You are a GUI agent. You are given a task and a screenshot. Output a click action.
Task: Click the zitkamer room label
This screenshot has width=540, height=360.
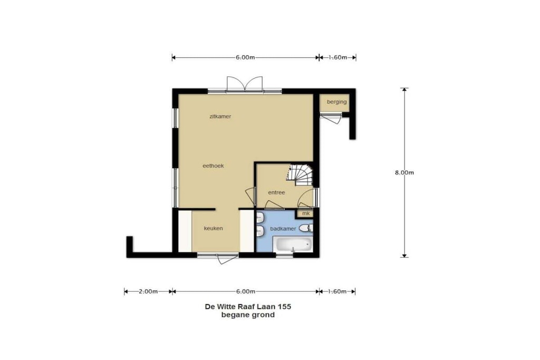220,116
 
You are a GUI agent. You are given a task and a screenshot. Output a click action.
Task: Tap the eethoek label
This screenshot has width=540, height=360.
213,166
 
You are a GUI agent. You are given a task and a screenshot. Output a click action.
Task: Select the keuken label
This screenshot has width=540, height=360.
213,228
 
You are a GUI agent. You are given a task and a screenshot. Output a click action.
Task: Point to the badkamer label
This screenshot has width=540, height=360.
283,229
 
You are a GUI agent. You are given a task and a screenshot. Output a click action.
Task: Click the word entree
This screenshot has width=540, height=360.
276,192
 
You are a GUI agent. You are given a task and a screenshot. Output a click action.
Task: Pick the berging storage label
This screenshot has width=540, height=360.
336,102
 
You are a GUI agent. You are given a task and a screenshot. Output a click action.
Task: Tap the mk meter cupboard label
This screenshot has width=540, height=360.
306,213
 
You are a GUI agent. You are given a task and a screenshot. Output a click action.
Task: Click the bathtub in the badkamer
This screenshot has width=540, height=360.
293,245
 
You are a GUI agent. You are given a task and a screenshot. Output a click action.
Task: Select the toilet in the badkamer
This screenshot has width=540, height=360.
306,228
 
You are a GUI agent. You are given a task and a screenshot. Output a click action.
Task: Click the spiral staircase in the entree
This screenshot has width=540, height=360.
300,174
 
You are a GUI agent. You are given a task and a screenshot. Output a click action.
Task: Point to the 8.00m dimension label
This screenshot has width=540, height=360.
404,172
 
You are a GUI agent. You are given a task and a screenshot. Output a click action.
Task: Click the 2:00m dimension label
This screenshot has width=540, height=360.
148,291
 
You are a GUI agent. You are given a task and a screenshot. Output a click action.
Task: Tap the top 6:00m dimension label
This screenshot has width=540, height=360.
245,57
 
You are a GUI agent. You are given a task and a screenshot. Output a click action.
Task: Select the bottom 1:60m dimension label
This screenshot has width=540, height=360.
337,291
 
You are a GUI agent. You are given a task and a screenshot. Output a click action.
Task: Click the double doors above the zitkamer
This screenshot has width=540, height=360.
245,84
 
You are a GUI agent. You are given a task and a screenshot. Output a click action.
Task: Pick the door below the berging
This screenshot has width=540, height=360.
331,119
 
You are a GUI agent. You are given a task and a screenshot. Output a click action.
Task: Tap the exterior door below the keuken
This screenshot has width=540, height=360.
227,259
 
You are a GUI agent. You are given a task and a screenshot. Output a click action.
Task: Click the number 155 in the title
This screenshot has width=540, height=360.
284,306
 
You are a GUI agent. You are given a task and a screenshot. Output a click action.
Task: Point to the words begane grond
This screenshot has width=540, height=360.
248,315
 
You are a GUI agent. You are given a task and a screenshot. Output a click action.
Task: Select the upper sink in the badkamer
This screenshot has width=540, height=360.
260,218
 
